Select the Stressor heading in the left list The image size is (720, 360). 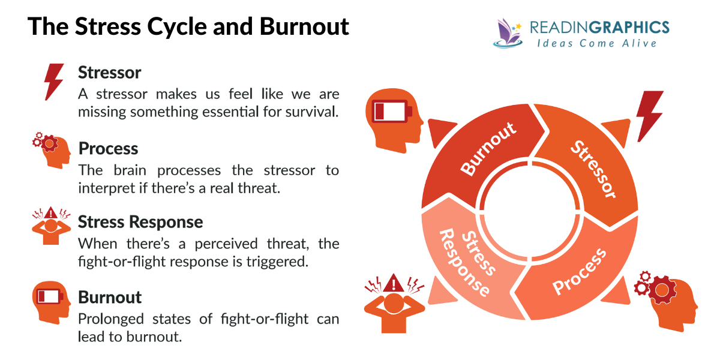click(110, 73)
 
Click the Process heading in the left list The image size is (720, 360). click(108, 148)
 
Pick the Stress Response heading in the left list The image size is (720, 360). click(140, 222)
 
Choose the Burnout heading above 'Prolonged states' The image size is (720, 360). click(110, 297)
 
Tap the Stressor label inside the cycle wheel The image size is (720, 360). click(593, 169)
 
